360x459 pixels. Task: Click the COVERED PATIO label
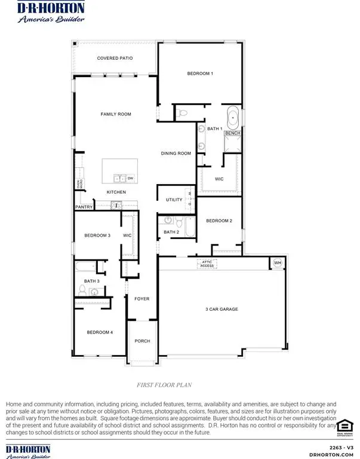pyautogui.click(x=115, y=58)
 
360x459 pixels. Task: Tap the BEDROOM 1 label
pyautogui.click(x=200, y=73)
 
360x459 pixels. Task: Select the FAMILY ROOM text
pyautogui.click(x=115, y=114)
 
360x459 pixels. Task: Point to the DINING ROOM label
pyautogui.click(x=176, y=154)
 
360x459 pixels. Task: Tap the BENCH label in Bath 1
pyautogui.click(x=233, y=133)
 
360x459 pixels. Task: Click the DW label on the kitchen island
pyautogui.click(x=130, y=178)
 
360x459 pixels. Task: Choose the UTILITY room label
pyautogui.click(x=174, y=200)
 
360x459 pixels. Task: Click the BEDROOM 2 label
pyautogui.click(x=219, y=221)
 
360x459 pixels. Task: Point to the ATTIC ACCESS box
pyautogui.click(x=207, y=263)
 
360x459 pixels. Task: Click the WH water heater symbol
pyautogui.click(x=277, y=262)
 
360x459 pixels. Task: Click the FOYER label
pyautogui.click(x=141, y=298)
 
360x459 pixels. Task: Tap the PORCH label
pyautogui.click(x=142, y=341)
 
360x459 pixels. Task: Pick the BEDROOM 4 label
pyautogui.click(x=99, y=332)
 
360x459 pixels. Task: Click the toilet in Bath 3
pyautogui.click(x=83, y=291)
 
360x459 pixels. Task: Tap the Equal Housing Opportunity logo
pyautogui.click(x=344, y=427)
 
